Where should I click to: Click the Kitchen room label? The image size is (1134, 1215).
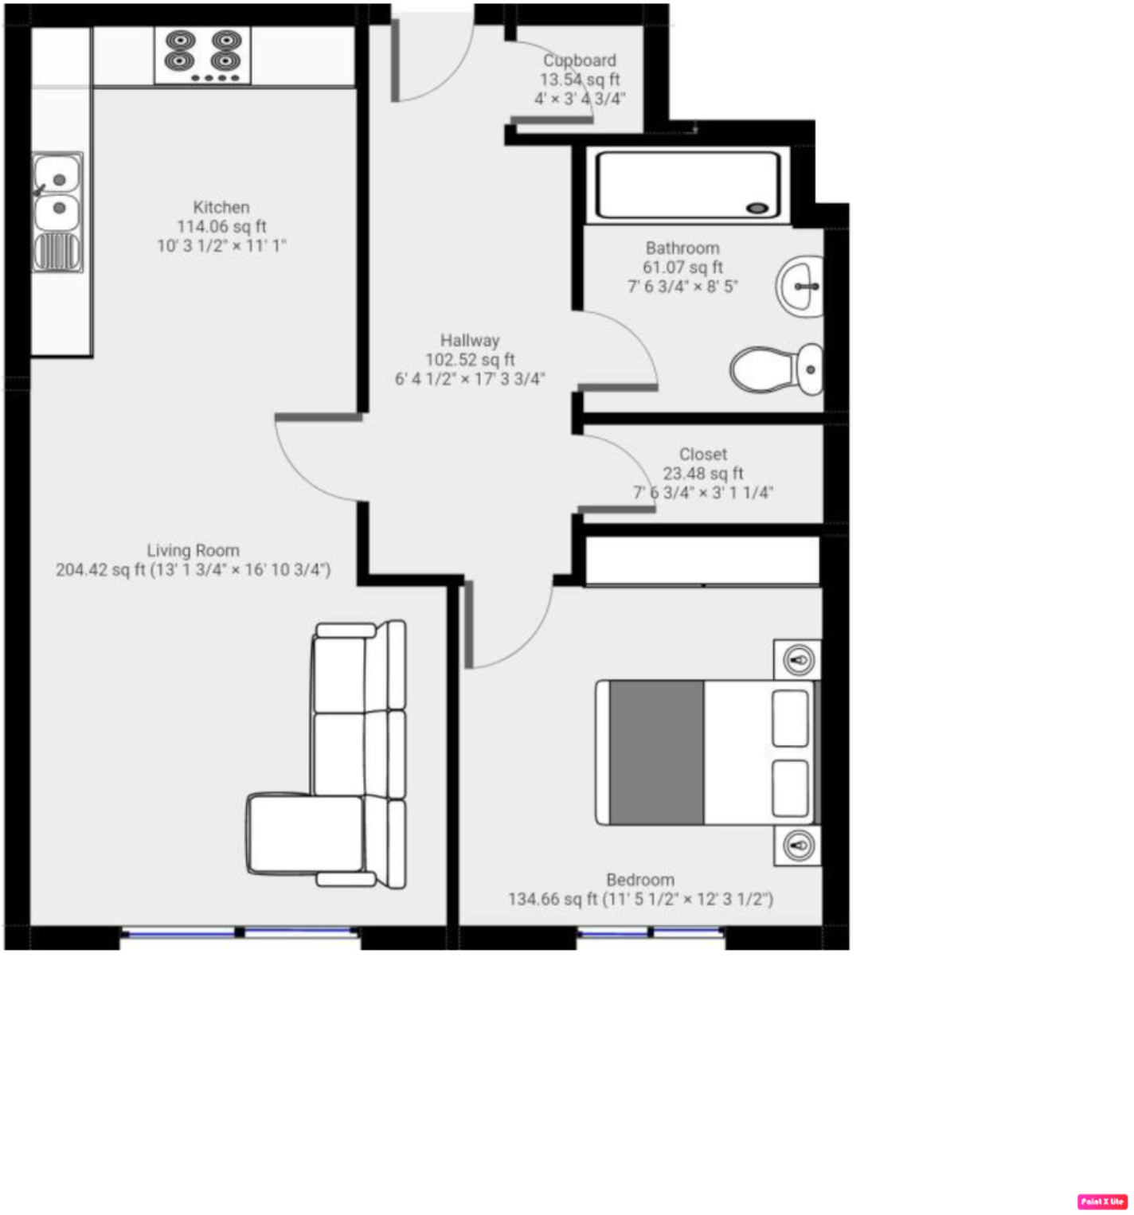click(x=221, y=208)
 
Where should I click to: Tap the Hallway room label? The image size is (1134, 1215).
click(x=470, y=341)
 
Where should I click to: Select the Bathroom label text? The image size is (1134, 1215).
click(x=682, y=248)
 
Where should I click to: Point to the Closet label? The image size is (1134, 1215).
click(x=703, y=455)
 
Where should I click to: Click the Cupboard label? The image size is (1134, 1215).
click(x=580, y=61)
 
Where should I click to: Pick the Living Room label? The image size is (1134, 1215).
click(x=193, y=550)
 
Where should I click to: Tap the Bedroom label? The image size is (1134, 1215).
click(x=640, y=880)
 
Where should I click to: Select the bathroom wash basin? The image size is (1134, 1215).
click(x=800, y=286)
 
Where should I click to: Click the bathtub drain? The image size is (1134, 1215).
click(x=757, y=209)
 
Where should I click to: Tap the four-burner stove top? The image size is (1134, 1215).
click(x=203, y=55)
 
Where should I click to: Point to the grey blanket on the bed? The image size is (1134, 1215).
click(x=656, y=752)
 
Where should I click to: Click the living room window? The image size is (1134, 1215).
click(x=240, y=932)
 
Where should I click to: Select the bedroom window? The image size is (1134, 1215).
click(x=651, y=932)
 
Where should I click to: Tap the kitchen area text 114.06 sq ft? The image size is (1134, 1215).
click(x=221, y=227)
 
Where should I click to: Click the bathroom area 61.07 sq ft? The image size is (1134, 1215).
click(x=682, y=268)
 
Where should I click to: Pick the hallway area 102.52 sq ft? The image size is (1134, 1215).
click(x=470, y=360)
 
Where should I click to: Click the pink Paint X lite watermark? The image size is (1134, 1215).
click(x=1102, y=1201)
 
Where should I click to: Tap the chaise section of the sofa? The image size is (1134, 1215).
click(x=305, y=834)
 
